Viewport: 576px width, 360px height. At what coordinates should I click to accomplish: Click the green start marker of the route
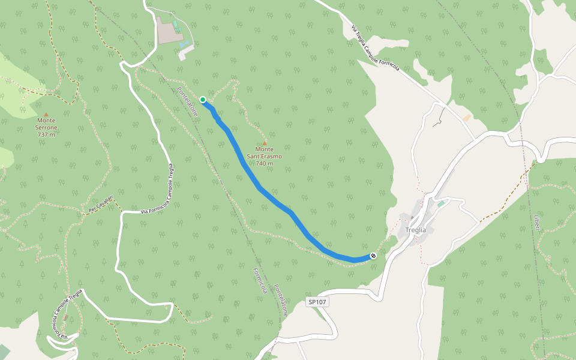pyautogui.click(x=203, y=100)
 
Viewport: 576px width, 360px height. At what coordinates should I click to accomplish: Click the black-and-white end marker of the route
pyautogui.click(x=373, y=256)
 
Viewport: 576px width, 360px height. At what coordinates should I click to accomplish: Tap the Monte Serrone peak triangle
pyautogui.click(x=46, y=114)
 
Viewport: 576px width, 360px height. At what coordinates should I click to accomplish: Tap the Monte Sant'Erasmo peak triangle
pyautogui.click(x=264, y=143)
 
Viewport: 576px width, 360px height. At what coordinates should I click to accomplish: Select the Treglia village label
pyautogui.click(x=415, y=230)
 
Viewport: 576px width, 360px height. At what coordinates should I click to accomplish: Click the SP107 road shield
pyautogui.click(x=317, y=302)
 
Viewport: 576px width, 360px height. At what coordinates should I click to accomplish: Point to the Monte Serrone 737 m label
pyautogui.click(x=46, y=131)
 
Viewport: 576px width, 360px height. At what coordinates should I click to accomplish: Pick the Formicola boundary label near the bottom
pyautogui.click(x=260, y=280)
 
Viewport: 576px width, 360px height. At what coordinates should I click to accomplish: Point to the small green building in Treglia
pyautogui.click(x=441, y=205)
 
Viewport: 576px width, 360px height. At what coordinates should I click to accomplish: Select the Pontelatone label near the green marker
pyautogui.click(x=187, y=101)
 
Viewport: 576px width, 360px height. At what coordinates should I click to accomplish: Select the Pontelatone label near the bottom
pyautogui.click(x=281, y=300)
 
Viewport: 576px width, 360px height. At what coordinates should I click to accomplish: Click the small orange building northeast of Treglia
pyautogui.click(x=467, y=118)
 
